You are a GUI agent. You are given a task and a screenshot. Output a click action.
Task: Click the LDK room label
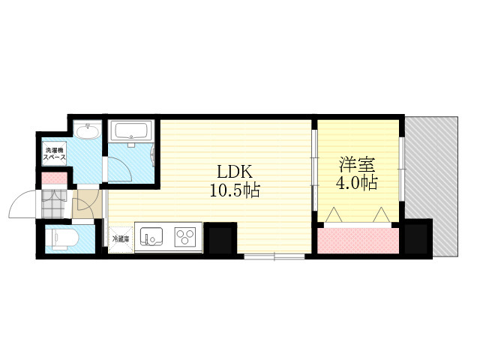pyautogui.click(x=235, y=172)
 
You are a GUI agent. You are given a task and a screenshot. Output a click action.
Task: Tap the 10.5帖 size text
pyautogui.click(x=235, y=190)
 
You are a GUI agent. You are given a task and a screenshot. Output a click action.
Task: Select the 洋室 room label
pyautogui.click(x=357, y=165)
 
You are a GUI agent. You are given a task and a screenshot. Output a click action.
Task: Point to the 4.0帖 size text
pyautogui.click(x=357, y=183)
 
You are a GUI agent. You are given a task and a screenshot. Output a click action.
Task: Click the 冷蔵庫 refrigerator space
pyautogui.click(x=121, y=239)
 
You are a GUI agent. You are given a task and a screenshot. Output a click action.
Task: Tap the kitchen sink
pyautogui.click(x=151, y=237)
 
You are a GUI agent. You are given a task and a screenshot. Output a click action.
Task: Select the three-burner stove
pyautogui.click(x=185, y=237)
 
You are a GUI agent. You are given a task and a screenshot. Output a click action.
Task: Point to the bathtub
pyautogui.click(x=133, y=131)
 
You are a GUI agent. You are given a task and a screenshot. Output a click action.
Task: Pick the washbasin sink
pyautogui.click(x=88, y=132)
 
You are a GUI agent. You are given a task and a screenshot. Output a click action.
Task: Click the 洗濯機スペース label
pyautogui.click(x=55, y=154)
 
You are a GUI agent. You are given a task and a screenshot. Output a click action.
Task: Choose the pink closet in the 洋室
pyautogui.click(x=358, y=241)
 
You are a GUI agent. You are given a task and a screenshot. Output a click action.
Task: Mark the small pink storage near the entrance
pyautogui.click(x=55, y=178)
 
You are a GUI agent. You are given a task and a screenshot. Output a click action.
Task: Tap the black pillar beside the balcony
pyautogui.click(x=416, y=237)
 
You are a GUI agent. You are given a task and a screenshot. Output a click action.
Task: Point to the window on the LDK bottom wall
pyautogui.click(x=274, y=256)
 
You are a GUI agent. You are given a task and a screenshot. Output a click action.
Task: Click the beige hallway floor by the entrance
pyautogui.click(x=87, y=203)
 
